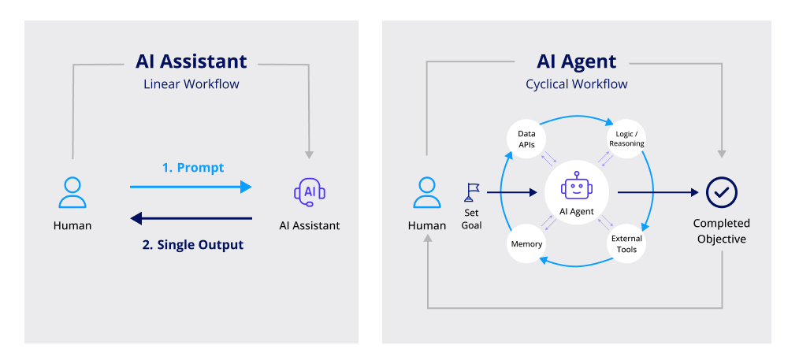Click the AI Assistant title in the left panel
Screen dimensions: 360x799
(191, 61)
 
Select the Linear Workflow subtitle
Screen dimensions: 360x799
(191, 84)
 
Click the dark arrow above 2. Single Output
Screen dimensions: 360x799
(191, 218)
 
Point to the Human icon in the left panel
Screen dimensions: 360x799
(72, 192)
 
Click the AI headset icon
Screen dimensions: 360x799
(309, 191)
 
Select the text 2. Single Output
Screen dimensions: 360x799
(193, 244)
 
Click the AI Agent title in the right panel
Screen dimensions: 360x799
(576, 61)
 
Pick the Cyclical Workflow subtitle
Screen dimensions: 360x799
(576, 84)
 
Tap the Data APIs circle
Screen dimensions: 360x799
(526, 139)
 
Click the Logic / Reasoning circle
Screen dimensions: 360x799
(626, 139)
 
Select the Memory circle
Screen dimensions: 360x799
(526, 243)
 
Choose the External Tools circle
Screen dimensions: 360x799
(626, 243)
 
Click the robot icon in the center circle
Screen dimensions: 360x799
(576, 187)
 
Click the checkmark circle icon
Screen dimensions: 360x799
(721, 191)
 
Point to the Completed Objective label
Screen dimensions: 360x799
(721, 231)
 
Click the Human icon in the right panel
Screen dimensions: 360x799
(426, 192)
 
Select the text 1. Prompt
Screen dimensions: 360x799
(193, 168)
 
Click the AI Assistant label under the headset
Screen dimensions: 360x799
(310, 225)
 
